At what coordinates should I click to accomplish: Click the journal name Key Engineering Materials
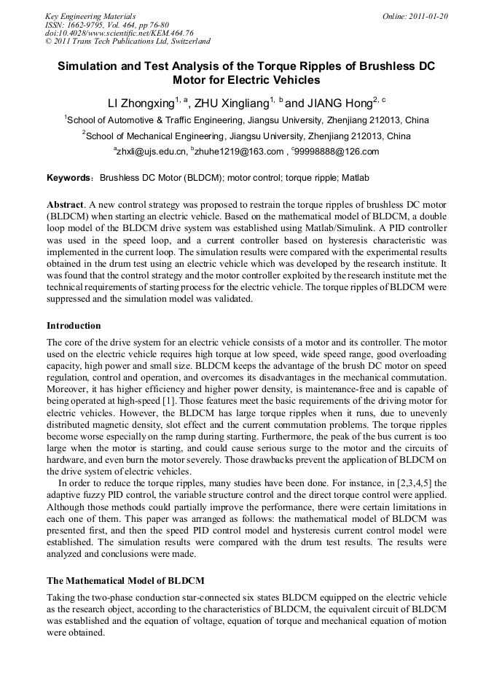point(90,16)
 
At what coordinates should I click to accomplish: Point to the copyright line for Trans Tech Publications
point(128,42)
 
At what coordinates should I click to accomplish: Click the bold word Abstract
point(65,206)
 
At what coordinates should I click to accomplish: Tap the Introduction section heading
point(74,325)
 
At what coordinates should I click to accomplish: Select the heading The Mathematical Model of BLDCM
point(125,581)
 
